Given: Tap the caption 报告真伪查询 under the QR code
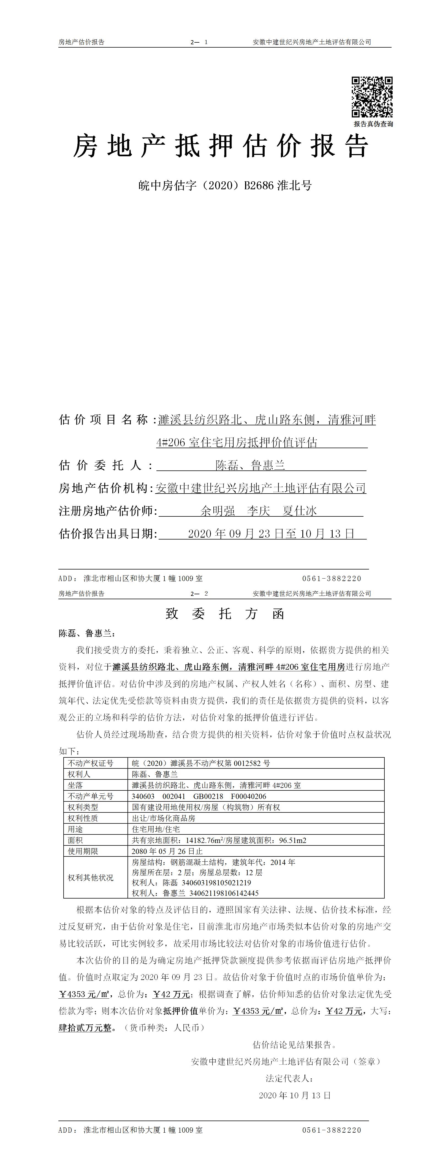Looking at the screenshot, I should coord(373,124).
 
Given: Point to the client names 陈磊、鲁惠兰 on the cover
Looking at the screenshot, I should coord(250,465).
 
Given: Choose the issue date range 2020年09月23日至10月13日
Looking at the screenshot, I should coord(271,533).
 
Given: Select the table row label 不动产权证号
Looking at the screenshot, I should coord(91,763).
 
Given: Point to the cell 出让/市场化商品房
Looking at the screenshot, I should coord(163,818).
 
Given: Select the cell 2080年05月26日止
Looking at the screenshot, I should coord(167,851).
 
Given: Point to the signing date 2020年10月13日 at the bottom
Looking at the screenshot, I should coord(295,1095).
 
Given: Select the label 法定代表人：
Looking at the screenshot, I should coord(289,1078).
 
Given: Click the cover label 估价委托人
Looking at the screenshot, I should coord(106,465).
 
